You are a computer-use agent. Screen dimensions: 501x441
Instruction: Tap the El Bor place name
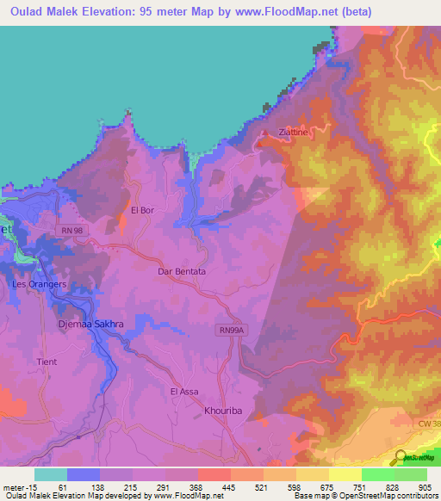141,209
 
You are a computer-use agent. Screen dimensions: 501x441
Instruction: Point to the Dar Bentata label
182,271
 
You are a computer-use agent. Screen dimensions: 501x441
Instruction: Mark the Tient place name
47,362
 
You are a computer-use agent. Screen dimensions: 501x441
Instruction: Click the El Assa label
184,392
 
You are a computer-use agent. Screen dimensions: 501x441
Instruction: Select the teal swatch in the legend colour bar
50,474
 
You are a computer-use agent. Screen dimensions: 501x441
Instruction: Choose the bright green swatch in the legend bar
377,474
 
